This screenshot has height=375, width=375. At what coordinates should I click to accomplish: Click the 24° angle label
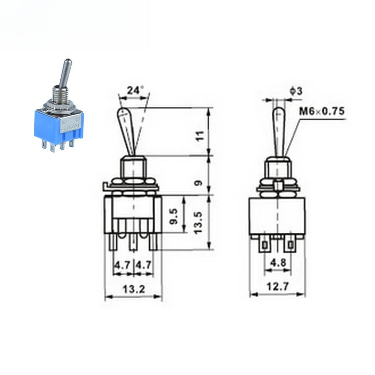(135, 91)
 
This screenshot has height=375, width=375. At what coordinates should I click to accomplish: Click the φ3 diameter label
(296, 92)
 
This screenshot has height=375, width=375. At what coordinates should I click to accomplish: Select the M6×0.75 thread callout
(322, 112)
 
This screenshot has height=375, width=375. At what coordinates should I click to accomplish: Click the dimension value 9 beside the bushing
(200, 183)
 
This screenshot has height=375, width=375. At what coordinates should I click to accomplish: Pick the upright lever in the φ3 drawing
(279, 132)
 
